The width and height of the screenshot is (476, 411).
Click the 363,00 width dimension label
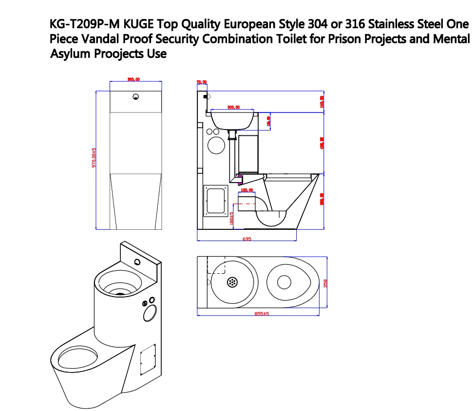(x=133, y=79)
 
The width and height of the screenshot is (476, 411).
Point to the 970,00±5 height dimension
(x=95, y=158)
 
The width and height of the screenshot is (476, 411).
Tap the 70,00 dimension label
(x=201, y=82)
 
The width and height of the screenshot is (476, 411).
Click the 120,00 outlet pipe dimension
(x=247, y=190)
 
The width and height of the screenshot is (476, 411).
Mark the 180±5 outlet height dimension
(x=232, y=218)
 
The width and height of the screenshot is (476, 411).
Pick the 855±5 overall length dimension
(x=262, y=314)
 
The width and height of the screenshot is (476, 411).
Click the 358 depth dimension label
(x=326, y=283)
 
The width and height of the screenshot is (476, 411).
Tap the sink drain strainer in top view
(x=233, y=281)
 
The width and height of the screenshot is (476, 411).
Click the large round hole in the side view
(x=216, y=145)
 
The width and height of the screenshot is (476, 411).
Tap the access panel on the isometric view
(x=147, y=358)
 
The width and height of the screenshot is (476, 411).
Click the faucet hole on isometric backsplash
(x=139, y=262)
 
